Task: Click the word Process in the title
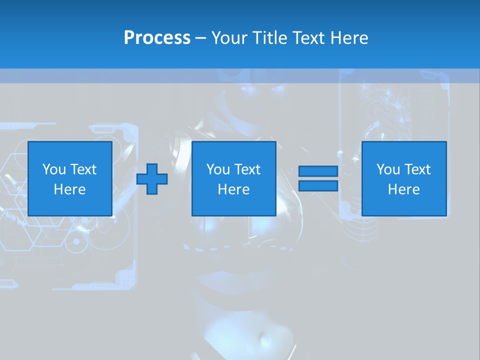(157, 38)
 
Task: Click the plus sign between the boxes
(152, 179)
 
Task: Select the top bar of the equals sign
(318, 171)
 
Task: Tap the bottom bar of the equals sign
(318, 186)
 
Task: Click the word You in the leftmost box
(54, 169)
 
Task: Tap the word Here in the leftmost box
(70, 189)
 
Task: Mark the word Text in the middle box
(247, 169)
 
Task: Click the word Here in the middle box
(234, 189)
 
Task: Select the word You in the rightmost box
(388, 169)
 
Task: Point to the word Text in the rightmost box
(417, 169)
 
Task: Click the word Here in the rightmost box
(404, 189)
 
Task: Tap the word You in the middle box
(218, 169)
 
